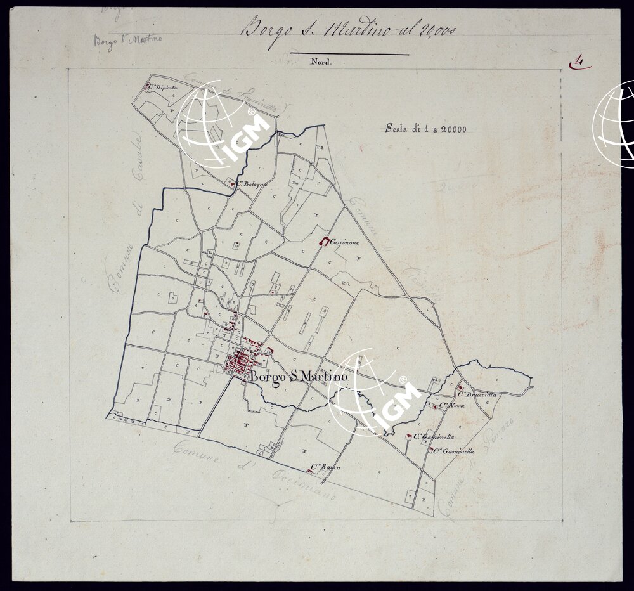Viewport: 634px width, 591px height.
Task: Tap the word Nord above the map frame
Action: pos(321,62)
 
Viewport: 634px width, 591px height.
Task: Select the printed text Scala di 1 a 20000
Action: pos(425,129)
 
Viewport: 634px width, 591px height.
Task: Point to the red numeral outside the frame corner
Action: pos(578,62)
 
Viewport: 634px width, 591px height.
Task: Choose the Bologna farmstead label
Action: pos(251,184)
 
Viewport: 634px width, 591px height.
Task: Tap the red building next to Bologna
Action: pos(232,184)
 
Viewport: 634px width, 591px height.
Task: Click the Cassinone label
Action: pos(345,242)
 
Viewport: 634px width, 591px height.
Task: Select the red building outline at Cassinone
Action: pos(325,242)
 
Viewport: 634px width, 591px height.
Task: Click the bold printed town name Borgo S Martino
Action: pos(299,377)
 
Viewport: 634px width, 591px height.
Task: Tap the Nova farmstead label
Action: pos(451,405)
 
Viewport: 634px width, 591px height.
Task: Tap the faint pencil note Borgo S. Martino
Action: pos(127,41)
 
